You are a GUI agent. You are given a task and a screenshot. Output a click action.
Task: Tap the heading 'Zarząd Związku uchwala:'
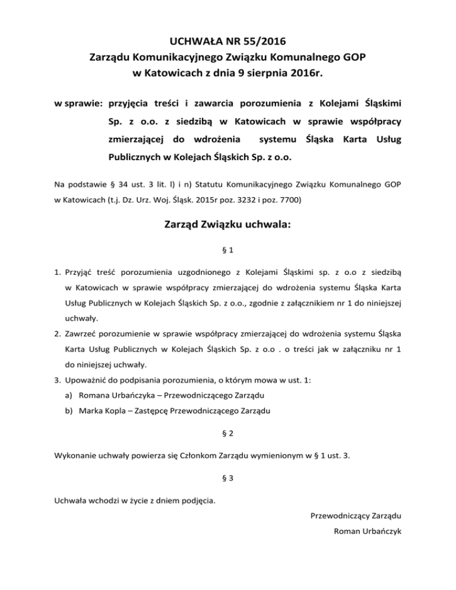pyautogui.click(x=227, y=228)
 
